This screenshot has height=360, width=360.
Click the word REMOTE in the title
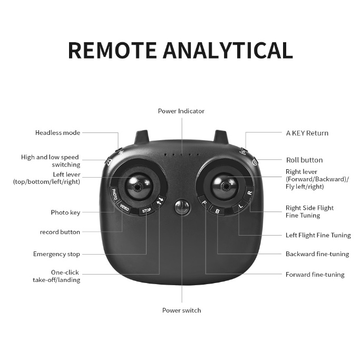pos(113,50)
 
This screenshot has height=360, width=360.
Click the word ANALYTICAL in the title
pos(228,50)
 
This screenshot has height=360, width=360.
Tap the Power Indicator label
pos(181,111)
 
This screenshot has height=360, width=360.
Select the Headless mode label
pos(58,133)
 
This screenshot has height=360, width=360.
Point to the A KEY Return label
pos(307,133)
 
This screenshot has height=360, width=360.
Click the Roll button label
pos(304,160)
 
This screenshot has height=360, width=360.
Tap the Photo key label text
pos(65,212)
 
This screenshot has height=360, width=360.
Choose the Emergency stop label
pos(57,254)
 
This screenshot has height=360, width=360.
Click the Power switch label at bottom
pos(181,310)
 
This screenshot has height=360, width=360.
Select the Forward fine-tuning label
pos(315,275)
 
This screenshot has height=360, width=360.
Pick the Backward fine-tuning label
pos(317,254)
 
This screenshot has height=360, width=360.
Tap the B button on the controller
pos(217,210)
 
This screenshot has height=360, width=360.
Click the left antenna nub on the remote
pos(141,137)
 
